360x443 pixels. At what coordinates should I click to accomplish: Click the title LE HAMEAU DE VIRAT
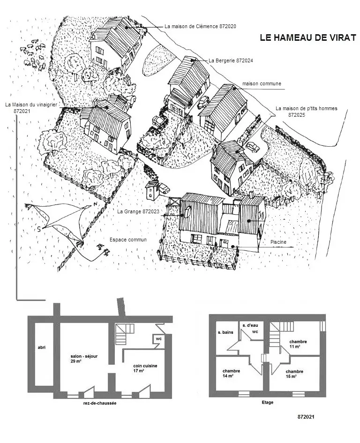308,38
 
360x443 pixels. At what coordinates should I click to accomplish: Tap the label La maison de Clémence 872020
200,26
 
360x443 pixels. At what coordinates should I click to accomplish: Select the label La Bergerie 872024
231,60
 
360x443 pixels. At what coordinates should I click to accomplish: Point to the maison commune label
262,83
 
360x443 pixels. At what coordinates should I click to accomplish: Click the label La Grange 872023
138,211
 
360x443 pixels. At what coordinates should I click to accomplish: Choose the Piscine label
278,242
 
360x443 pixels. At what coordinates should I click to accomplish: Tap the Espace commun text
128,240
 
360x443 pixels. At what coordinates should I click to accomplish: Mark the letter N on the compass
96,204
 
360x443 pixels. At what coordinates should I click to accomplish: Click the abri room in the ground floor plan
42,356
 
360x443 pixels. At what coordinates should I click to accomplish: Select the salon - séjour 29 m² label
84,359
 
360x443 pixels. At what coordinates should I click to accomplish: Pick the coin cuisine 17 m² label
145,368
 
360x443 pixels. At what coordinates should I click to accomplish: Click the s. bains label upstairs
225,332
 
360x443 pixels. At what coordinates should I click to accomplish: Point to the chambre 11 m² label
298,344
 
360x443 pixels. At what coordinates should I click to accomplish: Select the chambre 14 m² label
231,373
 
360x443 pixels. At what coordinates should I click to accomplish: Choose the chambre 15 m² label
294,374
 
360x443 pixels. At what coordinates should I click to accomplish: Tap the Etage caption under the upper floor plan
267,402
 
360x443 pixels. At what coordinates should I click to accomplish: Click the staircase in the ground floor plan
125,334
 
